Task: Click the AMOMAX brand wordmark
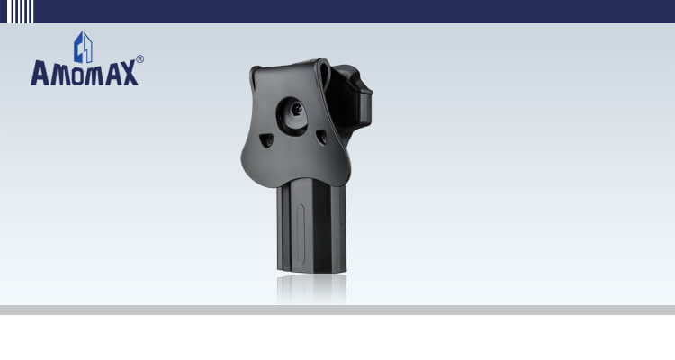coord(85,73)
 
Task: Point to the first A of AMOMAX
coord(40,73)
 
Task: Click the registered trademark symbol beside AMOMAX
coord(139,59)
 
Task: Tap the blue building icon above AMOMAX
coord(83,47)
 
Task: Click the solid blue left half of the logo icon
coord(79,49)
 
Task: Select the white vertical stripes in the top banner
coord(20,12)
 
